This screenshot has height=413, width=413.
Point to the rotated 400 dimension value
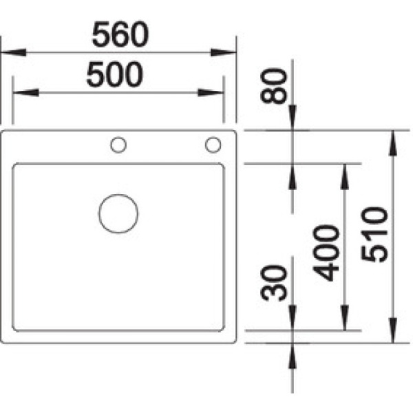pos(330,253)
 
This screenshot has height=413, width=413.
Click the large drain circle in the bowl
pos(118,213)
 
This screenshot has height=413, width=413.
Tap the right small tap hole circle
pos(213,145)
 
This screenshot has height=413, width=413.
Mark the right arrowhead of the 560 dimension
pos(224,52)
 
